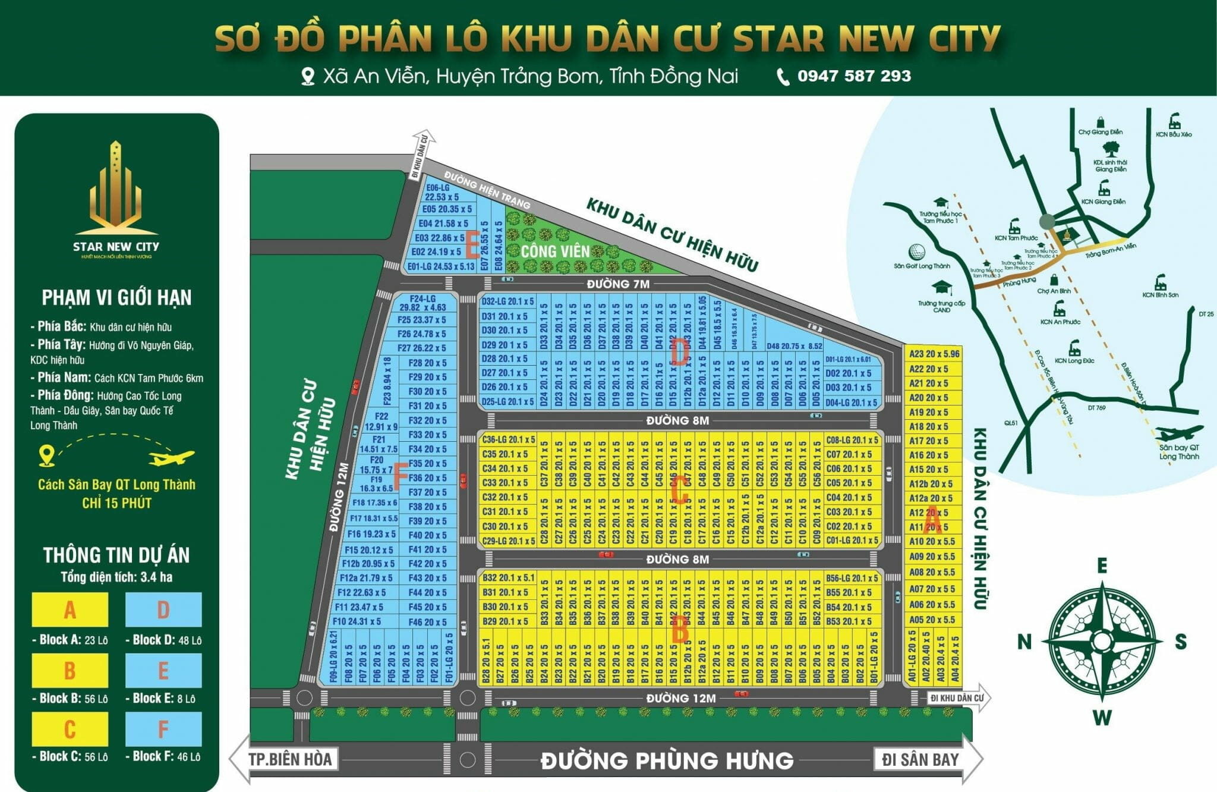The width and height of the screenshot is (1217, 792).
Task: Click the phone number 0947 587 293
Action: click(853, 76)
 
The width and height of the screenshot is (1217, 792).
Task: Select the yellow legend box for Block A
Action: click(70, 609)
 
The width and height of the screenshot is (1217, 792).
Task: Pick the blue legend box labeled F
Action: click(163, 729)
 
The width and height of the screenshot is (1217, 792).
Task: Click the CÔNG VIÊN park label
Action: click(555, 251)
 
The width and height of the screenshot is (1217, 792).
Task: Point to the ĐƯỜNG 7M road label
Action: click(618, 284)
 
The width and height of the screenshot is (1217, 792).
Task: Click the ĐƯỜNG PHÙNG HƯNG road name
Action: click(667, 760)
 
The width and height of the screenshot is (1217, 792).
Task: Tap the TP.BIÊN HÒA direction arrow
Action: click(284, 759)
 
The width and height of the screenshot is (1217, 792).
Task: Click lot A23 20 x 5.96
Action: click(934, 354)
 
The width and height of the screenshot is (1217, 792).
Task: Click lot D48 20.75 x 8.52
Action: click(794, 346)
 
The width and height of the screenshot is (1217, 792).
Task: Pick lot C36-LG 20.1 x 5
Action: click(508, 440)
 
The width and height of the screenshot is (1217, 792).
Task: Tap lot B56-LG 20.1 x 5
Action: click(851, 578)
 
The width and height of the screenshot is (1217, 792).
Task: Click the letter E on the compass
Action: click(1102, 565)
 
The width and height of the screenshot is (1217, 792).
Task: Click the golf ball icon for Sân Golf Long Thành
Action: click(918, 252)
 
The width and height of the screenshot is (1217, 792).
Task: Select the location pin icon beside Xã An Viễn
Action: click(307, 77)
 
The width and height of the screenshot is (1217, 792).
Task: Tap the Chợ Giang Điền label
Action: click(1100, 132)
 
